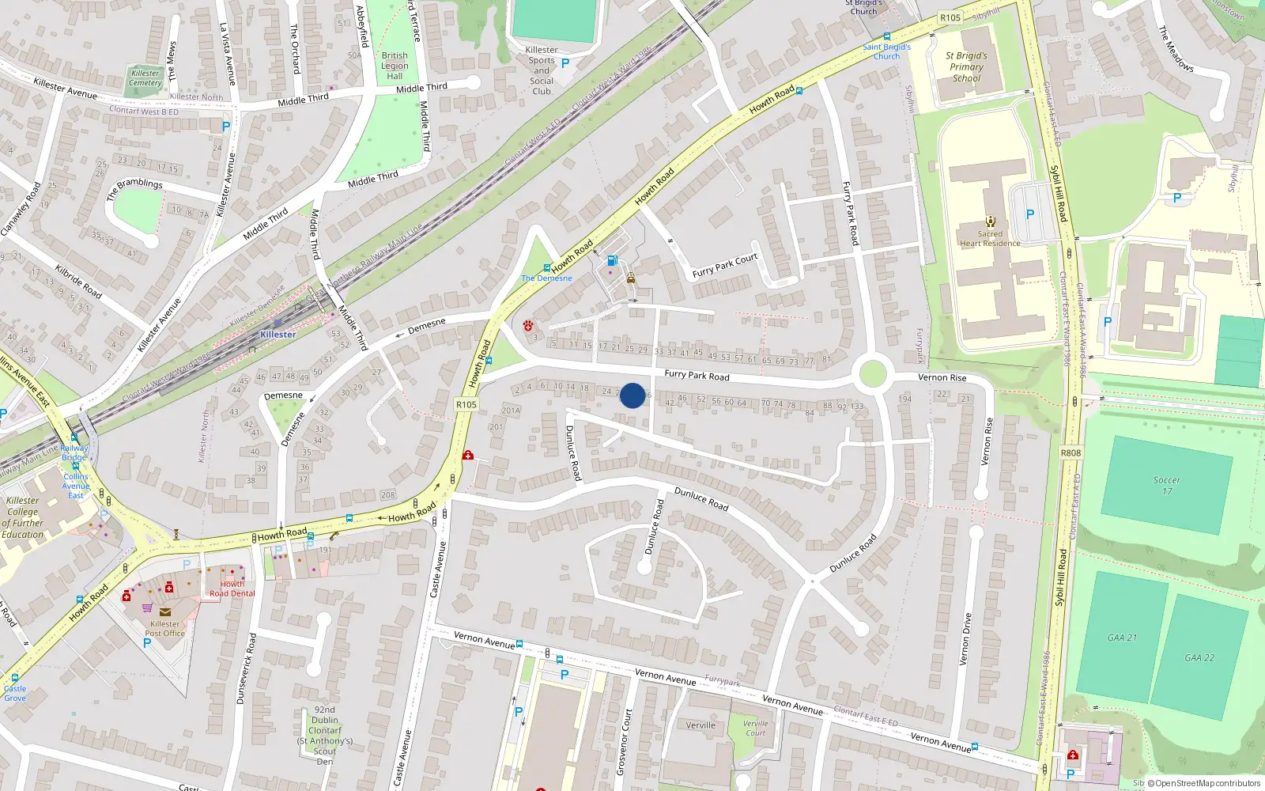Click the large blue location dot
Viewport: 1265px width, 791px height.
point(632,395)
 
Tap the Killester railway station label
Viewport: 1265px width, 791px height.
point(278,335)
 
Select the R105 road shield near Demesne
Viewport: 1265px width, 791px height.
point(466,404)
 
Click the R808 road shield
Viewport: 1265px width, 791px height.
point(1071,453)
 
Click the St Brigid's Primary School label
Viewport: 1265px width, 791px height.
point(966,67)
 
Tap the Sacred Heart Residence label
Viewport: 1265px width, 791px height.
point(990,238)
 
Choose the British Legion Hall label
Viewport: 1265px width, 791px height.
point(395,66)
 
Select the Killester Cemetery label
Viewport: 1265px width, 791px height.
point(145,78)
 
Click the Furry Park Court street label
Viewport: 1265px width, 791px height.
point(724,266)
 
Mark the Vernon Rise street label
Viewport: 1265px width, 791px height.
point(942,377)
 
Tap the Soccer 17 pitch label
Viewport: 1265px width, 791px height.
point(1167,486)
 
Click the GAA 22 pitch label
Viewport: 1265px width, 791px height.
point(1199,657)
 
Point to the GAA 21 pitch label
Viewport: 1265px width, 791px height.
point(1122,638)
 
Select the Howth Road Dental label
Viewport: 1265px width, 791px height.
point(232,589)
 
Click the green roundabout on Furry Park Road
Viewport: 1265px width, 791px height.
point(872,373)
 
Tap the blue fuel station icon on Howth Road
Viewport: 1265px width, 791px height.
point(611,260)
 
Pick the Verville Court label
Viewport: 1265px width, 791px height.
point(755,728)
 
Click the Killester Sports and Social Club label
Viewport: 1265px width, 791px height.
point(542,70)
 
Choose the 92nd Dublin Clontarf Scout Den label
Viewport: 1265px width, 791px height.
point(325,736)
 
